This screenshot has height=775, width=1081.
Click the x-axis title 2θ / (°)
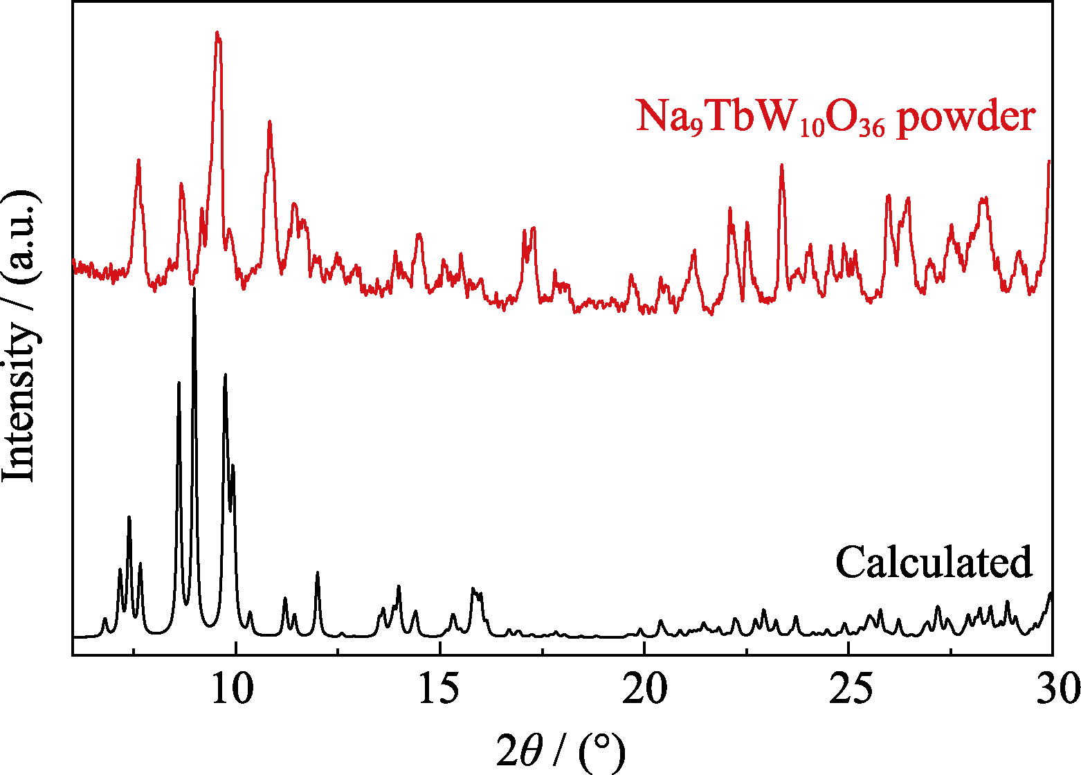(561, 751)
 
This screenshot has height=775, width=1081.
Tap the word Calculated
(934, 562)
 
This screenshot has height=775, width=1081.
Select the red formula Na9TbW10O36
(760, 118)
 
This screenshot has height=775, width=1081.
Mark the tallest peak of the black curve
(194, 289)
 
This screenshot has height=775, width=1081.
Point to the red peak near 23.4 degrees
(781, 166)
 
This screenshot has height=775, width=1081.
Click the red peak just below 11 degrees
(269, 122)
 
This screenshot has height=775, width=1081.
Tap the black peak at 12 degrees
(317, 574)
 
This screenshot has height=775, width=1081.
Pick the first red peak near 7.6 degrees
(138, 161)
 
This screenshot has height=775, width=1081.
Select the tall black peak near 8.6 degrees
(179, 383)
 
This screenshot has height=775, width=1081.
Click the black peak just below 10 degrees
(225, 375)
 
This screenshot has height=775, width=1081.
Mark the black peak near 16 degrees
(473, 590)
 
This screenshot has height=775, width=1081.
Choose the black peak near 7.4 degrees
(129, 518)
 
